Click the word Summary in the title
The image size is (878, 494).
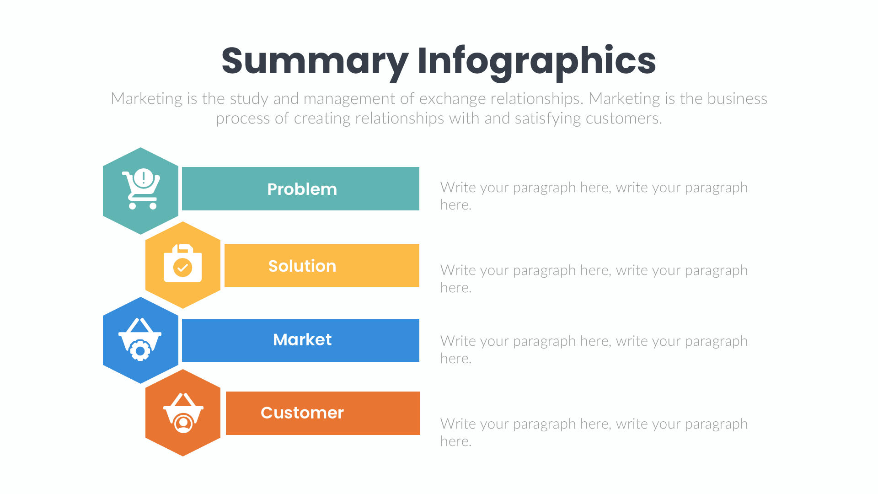tap(315, 61)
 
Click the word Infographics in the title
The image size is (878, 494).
tap(536, 61)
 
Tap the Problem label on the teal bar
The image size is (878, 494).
tap(302, 189)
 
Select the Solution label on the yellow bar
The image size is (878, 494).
tap(302, 266)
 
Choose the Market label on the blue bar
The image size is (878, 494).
tap(302, 340)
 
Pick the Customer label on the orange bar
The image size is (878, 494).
tap(302, 413)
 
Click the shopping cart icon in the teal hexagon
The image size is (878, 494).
tap(141, 189)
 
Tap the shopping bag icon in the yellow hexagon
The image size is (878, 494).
tap(182, 264)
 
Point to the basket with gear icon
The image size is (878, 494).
tap(140, 339)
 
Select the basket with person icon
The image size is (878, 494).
tap(183, 413)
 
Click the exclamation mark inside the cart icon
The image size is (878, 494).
tap(144, 177)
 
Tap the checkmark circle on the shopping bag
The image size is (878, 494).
tap(182, 268)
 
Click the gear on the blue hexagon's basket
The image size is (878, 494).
tap(140, 351)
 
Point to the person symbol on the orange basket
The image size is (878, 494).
tap(184, 423)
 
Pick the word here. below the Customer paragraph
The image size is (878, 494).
tap(455, 441)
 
